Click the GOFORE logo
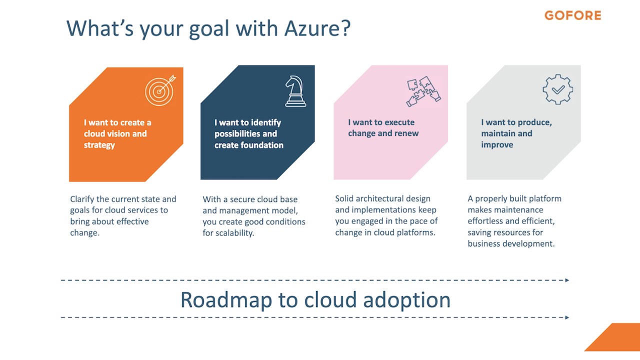573,15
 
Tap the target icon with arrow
160,90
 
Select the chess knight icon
295,91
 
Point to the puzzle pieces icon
423,91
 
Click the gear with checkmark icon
557,89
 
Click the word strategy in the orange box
99,145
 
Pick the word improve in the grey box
497,145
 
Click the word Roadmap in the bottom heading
226,299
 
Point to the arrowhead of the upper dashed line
567,280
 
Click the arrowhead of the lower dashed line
567,317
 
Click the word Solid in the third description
344,198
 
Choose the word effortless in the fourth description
484,221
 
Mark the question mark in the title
346,27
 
